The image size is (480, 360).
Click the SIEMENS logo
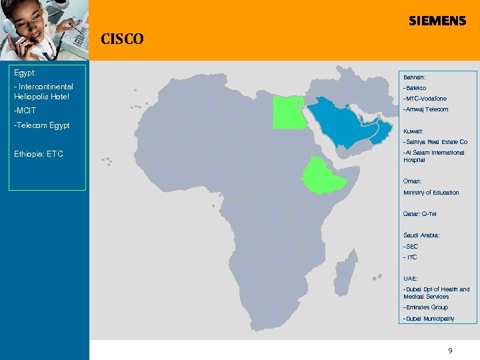point(437,21)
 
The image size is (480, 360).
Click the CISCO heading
point(122,39)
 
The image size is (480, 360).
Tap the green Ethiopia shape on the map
point(325,175)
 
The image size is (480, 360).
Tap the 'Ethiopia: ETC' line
point(39,155)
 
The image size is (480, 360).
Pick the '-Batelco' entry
point(415,88)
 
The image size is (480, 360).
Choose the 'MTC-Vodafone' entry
point(425,99)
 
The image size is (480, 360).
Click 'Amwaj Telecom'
point(426,109)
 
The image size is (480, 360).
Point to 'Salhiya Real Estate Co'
point(435,142)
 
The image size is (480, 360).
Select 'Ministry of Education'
point(431,193)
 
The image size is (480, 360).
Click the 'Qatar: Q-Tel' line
point(420,214)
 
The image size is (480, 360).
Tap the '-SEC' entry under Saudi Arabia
point(411,246)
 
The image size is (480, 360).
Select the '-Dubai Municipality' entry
point(429,319)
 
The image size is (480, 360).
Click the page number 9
point(450,350)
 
